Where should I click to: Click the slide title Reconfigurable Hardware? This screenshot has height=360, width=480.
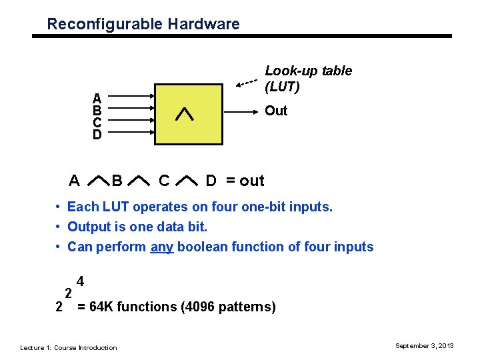coord(143,25)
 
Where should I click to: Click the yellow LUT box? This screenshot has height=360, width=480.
coord(188,114)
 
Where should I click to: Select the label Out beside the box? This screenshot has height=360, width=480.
coord(276,111)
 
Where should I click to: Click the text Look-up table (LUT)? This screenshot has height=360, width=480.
coord(308,79)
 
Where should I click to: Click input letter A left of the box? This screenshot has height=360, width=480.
coord(97,98)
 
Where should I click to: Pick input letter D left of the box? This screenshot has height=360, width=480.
coord(97,134)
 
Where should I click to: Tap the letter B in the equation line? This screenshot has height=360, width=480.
coord(117,181)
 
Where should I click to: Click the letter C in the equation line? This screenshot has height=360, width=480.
coord(163,181)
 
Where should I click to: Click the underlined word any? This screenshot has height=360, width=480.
coord(162,247)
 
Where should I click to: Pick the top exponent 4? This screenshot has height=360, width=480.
coord(80,281)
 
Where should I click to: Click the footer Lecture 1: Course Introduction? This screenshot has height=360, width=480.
coord(69,347)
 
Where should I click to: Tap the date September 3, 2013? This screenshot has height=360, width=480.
coord(424,345)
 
